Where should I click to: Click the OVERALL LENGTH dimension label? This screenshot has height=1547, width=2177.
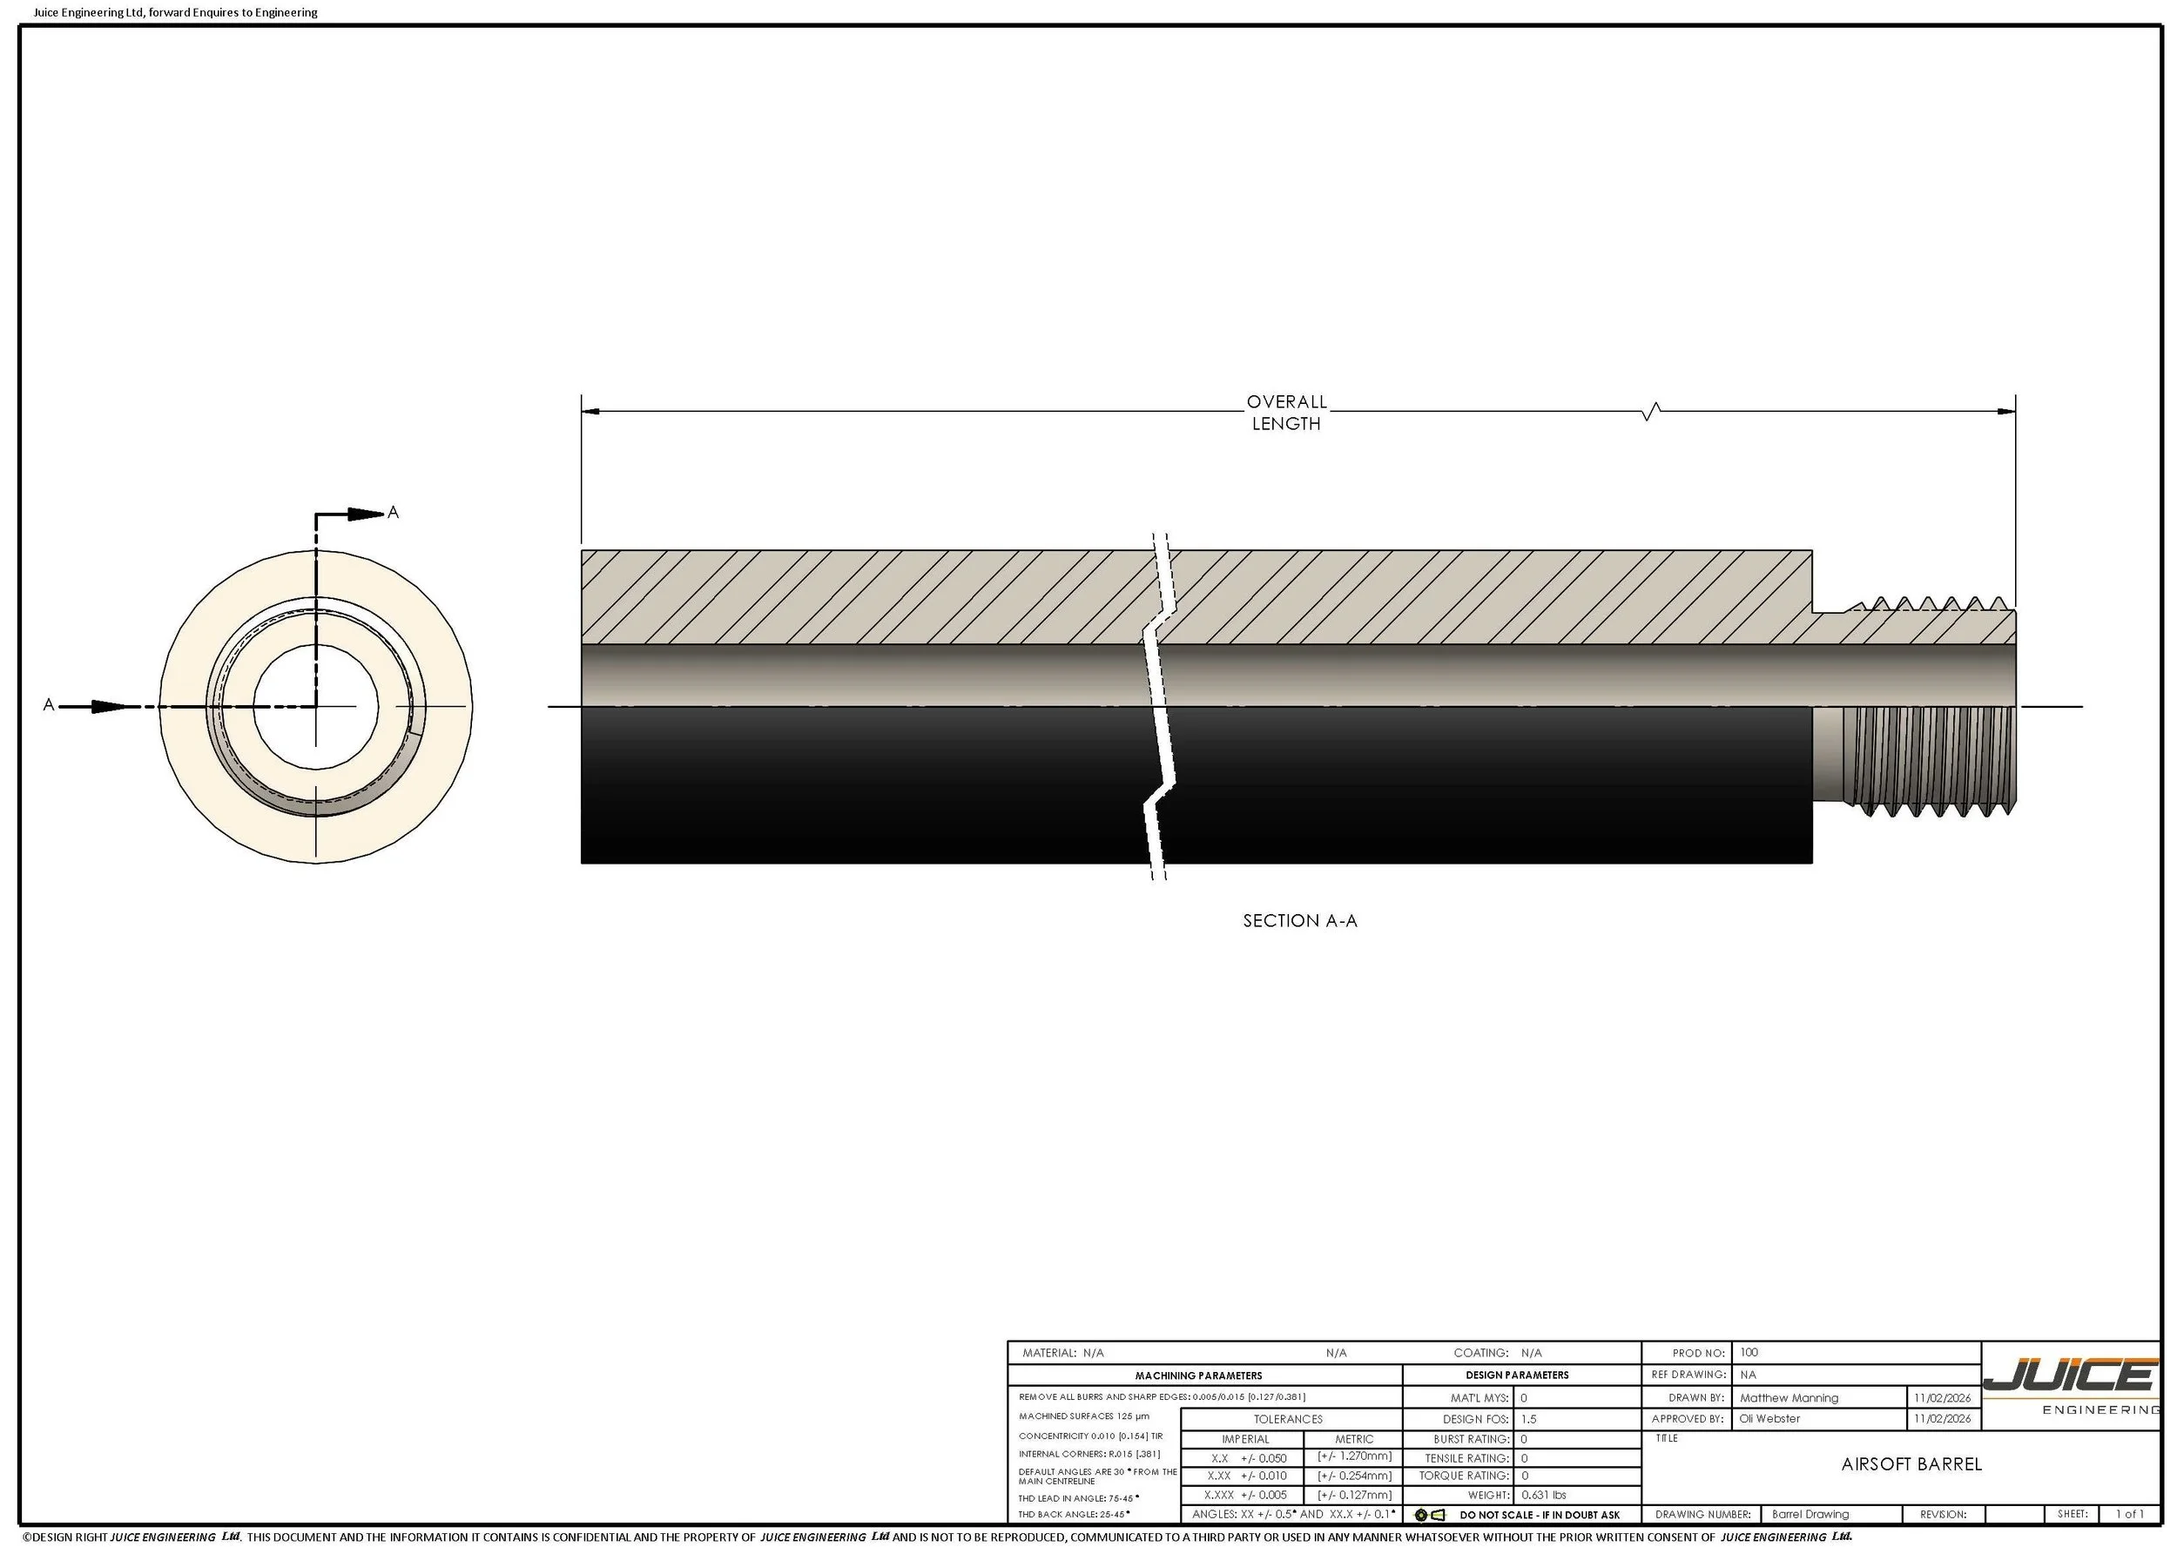tap(1286, 413)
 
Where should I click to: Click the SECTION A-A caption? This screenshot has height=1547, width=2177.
tap(1299, 920)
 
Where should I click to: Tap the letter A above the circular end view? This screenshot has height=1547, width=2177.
tap(393, 513)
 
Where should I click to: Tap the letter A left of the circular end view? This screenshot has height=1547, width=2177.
tap(49, 705)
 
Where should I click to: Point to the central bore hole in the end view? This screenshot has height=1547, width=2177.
tap(315, 706)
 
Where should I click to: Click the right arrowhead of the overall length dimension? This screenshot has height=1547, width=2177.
tap(2005, 412)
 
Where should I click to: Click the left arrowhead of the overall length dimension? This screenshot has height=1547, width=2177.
tap(590, 412)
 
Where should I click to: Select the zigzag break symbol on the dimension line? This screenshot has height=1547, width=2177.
tap(1652, 412)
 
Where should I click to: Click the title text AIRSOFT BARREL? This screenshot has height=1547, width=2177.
tap(1911, 1464)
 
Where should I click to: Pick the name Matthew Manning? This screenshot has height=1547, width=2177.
tap(1789, 1398)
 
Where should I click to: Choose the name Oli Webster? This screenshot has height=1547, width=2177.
tap(1769, 1418)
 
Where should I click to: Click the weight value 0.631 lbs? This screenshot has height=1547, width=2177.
tap(1543, 1495)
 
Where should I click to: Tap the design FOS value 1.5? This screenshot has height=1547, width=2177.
tap(1528, 1418)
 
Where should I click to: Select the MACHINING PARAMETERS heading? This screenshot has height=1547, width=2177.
tap(1197, 1375)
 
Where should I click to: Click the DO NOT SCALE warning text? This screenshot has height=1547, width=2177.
tap(1539, 1515)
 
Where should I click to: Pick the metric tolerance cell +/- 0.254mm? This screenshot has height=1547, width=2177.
tap(1354, 1476)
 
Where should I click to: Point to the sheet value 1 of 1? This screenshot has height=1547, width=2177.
tap(2129, 1514)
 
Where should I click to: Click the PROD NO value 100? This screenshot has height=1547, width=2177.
tap(1749, 1352)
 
